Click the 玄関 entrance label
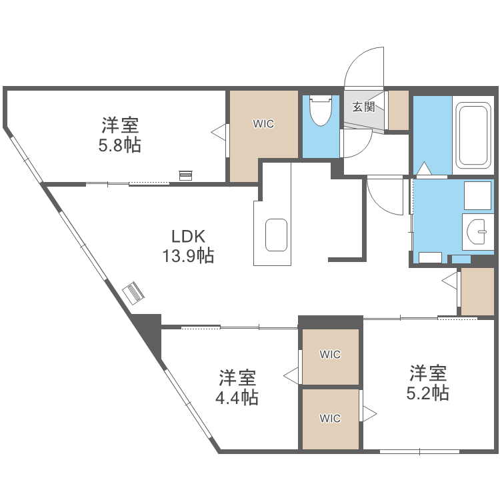(364, 106)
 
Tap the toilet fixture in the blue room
(321, 111)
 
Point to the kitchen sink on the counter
(276, 235)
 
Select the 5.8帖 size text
(120, 145)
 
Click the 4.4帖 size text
(237, 398)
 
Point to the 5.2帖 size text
(427, 393)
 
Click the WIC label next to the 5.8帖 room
(263, 124)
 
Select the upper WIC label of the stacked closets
(330, 355)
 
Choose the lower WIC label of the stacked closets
(330, 419)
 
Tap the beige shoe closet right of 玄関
(398, 110)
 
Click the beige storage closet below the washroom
(477, 291)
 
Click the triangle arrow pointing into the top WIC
(218, 131)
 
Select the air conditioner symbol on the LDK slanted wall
(134, 293)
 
